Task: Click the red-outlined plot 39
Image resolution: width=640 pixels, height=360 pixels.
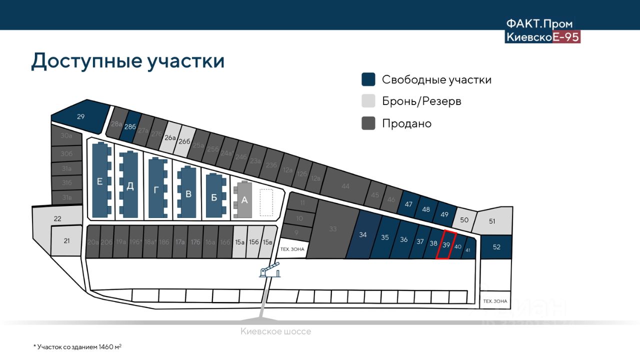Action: [446, 245]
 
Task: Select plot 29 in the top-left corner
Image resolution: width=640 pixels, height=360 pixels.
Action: [81, 116]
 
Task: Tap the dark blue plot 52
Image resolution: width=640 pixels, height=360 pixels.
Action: [496, 246]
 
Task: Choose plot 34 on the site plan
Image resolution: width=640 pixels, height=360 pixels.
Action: [363, 234]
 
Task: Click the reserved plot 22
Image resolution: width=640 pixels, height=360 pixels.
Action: [57, 218]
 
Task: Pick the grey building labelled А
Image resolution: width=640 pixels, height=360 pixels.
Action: [244, 200]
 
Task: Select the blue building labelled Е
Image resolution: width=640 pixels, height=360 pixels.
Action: [100, 181]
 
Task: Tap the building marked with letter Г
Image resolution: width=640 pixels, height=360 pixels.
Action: [156, 188]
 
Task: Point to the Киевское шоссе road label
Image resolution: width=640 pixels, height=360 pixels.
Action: [275, 331]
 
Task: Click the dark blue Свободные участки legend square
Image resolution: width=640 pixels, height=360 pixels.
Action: [368, 79]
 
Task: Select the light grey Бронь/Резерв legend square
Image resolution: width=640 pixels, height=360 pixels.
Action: [368, 101]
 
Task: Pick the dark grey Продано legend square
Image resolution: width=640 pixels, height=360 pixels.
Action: [368, 123]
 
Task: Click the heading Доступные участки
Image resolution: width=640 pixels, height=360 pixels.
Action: [127, 61]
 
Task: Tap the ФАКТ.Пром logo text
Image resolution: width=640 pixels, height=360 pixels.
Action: [539, 24]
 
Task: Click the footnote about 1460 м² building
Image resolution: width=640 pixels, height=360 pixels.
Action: [77, 346]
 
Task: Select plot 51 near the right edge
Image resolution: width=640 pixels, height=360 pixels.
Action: [492, 221]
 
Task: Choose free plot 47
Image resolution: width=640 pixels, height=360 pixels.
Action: [408, 204]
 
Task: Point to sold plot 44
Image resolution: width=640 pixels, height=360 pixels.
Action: [345, 186]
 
